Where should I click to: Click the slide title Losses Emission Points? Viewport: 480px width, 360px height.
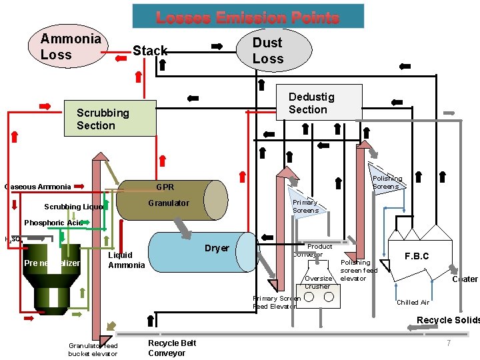pyautogui.click(x=248, y=17)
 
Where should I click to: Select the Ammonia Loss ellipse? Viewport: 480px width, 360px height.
pyautogui.click(x=70, y=47)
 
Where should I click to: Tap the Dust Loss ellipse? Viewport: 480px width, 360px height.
pyautogui.click(x=273, y=51)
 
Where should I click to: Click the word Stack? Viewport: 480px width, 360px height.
pyautogui.click(x=150, y=51)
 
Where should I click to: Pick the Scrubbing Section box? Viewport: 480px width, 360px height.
pyautogui.click(x=109, y=119)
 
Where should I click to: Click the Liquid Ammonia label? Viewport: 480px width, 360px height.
pyautogui.click(x=126, y=260)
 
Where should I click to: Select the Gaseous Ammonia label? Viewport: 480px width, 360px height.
pyautogui.click(x=37, y=187)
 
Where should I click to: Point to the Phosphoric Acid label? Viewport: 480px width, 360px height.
pyautogui.click(x=53, y=223)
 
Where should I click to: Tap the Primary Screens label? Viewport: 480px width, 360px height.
pyautogui.click(x=305, y=207)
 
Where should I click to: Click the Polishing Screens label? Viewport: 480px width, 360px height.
pyautogui.click(x=387, y=183)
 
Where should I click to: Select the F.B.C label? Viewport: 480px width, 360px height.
pyautogui.click(x=417, y=256)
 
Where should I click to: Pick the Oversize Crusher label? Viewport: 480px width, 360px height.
pyautogui.click(x=317, y=282)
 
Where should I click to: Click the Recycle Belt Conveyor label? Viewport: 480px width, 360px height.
pyautogui.click(x=172, y=347)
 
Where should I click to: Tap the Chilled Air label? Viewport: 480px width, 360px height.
pyautogui.click(x=413, y=303)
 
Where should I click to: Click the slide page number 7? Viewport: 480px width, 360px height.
pyautogui.click(x=449, y=343)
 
